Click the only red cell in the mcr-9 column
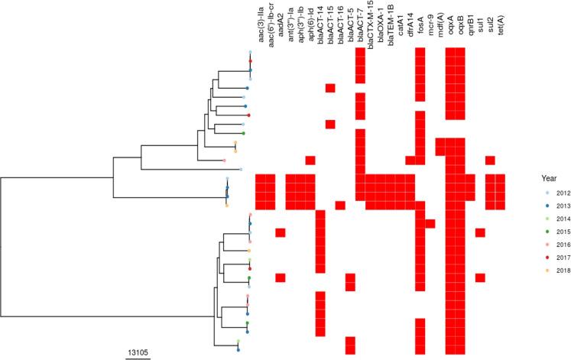click(430, 223)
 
